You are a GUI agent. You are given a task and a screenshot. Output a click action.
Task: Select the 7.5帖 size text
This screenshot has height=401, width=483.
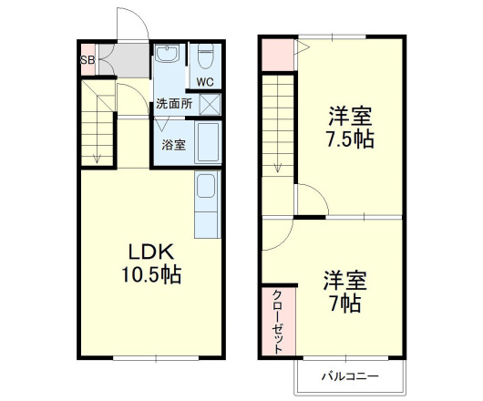[351, 141]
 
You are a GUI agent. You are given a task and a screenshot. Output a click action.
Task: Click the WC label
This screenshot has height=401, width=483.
[205, 82]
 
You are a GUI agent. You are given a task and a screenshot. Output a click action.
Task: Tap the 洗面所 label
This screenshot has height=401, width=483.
[173, 103]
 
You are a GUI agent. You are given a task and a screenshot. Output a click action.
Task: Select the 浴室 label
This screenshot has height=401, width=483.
[173, 145]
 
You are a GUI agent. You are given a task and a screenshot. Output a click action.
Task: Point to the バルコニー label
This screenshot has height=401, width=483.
[347, 375]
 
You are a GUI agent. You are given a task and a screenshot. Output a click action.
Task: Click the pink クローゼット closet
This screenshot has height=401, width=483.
[277, 321]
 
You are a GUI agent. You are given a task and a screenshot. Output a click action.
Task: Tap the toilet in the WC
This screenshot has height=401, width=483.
[204, 57]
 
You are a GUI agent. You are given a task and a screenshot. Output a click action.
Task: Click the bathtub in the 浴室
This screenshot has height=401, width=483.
[207, 144]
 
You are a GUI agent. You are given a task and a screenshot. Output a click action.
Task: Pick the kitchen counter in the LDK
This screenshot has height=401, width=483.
[207, 204]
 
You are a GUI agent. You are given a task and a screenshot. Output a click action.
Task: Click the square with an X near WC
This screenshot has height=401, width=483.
[210, 103]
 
